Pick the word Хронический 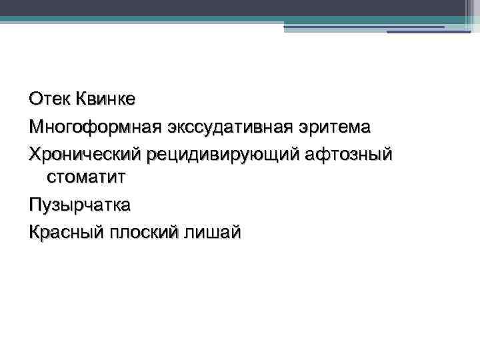pos(85,154)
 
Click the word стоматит pos(86,177)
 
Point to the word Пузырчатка pos(80,205)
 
